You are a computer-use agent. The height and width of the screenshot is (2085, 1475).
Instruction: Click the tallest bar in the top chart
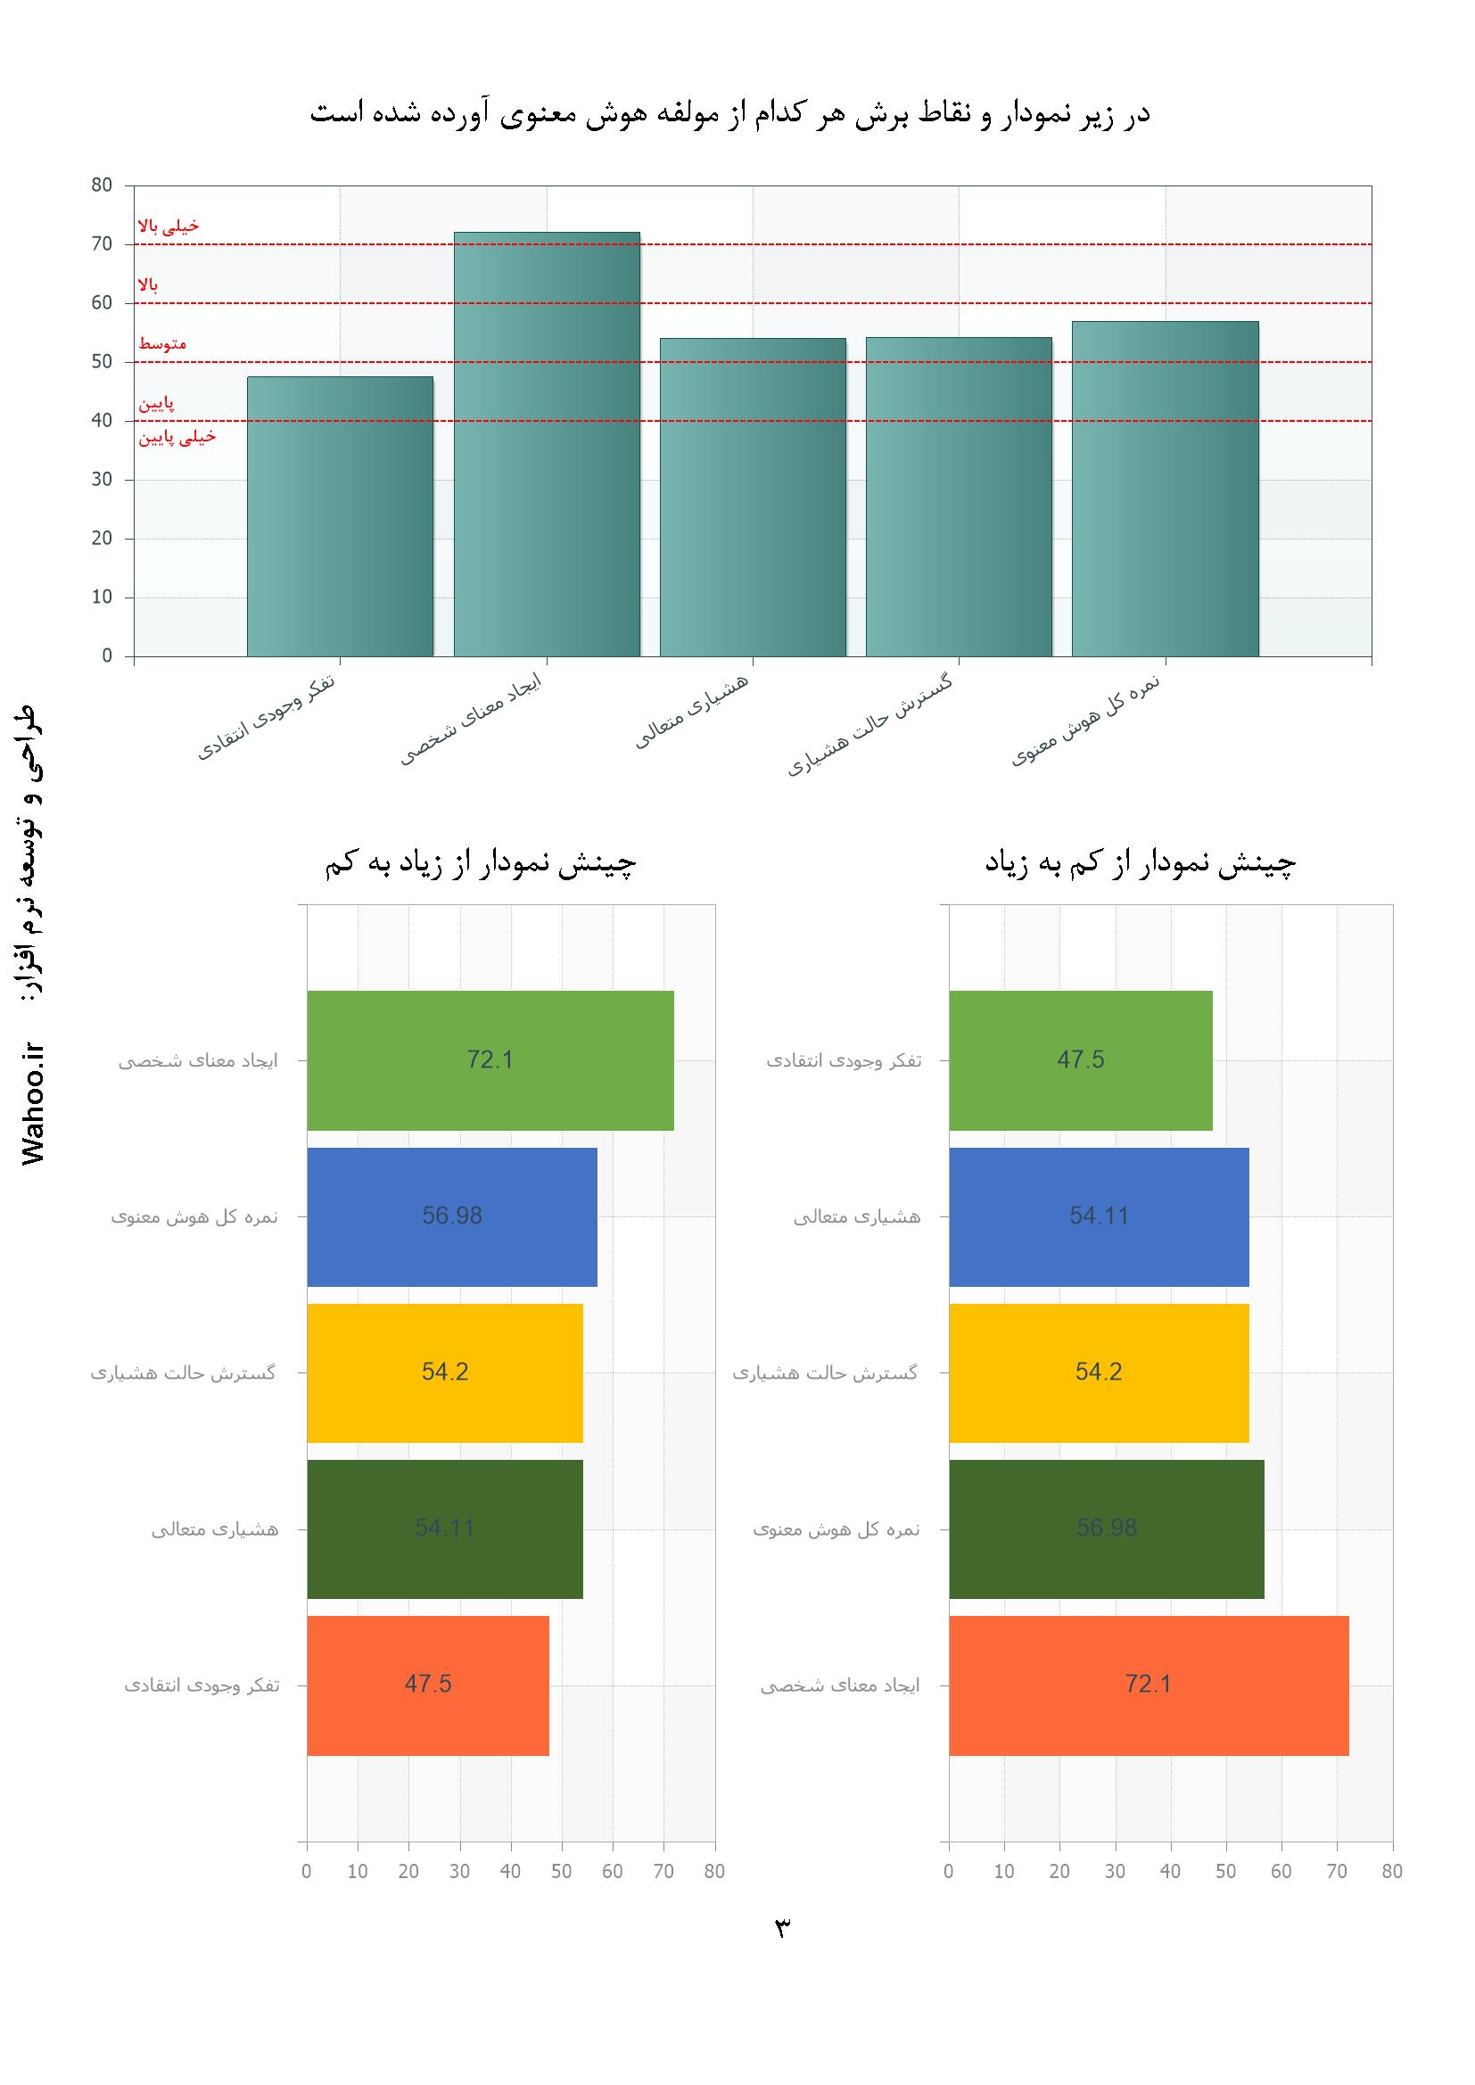click(547, 444)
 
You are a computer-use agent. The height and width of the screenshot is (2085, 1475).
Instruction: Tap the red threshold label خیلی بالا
click(168, 227)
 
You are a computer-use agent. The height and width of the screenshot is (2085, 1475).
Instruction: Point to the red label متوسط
click(162, 344)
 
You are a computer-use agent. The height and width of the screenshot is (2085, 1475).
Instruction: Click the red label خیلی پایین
click(177, 438)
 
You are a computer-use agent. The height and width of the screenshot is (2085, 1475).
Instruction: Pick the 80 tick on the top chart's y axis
click(102, 185)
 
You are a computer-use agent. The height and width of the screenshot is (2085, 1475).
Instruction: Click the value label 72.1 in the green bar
click(490, 1059)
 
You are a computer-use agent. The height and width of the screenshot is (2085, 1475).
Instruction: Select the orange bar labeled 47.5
click(428, 1685)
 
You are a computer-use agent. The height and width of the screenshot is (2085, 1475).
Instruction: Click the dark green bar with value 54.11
click(445, 1529)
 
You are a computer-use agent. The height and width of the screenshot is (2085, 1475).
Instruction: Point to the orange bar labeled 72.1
click(1148, 1685)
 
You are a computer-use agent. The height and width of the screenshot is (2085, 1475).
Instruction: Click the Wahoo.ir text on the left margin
click(35, 1103)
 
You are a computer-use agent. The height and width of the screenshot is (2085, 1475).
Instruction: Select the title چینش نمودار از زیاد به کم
click(481, 863)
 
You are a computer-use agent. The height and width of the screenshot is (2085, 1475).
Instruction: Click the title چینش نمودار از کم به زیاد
click(1141, 863)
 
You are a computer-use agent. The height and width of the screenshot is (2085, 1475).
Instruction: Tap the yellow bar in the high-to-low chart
click(445, 1372)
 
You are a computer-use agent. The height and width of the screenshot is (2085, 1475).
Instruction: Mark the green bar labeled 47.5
click(1081, 1059)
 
